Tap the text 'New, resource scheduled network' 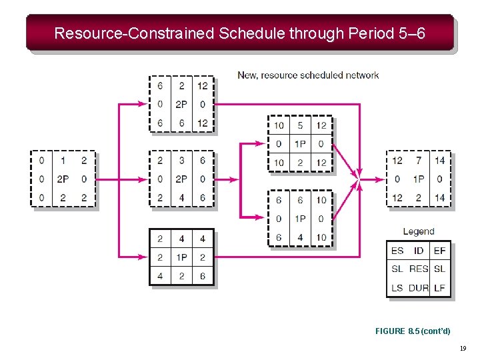pyautogui.click(x=308, y=75)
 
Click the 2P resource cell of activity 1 pyautogui.click(x=63, y=179)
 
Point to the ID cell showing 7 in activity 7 pyautogui.click(x=419, y=160)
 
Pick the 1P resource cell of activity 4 pyautogui.click(x=181, y=257)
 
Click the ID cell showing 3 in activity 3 pyautogui.click(x=181, y=160)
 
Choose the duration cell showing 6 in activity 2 pyautogui.click(x=181, y=123)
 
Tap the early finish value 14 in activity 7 pyautogui.click(x=439, y=160)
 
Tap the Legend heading pyautogui.click(x=419, y=231)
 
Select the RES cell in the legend pyautogui.click(x=419, y=269)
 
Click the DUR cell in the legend pyautogui.click(x=419, y=287)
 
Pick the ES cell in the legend pyautogui.click(x=397, y=251)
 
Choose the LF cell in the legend pyautogui.click(x=439, y=287)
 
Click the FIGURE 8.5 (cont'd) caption pyautogui.click(x=413, y=331)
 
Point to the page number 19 pyautogui.click(x=463, y=349)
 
